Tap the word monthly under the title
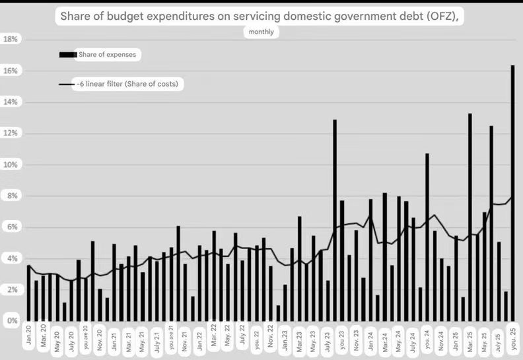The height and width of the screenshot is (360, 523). tap(261, 32)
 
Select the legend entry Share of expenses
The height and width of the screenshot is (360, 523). tap(107, 55)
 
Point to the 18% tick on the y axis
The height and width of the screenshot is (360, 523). tap(11, 40)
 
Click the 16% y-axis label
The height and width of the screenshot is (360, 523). tap(11, 71)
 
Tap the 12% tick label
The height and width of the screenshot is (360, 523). tap(11, 133)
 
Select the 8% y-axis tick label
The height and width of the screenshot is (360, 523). tap(11, 196)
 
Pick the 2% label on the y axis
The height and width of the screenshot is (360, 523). tap(11, 290)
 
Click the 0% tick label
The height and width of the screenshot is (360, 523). tap(11, 321)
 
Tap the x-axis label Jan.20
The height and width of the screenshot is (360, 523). tap(29, 338)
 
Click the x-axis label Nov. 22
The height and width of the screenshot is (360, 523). tap(270, 338)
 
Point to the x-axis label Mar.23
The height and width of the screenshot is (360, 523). tap(299, 338)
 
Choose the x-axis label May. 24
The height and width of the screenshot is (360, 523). tap(399, 338)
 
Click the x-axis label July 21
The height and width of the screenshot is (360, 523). tap(157, 338)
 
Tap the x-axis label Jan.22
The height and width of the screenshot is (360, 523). tap(199, 338)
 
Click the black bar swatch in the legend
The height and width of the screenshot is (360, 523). tap(67, 55)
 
